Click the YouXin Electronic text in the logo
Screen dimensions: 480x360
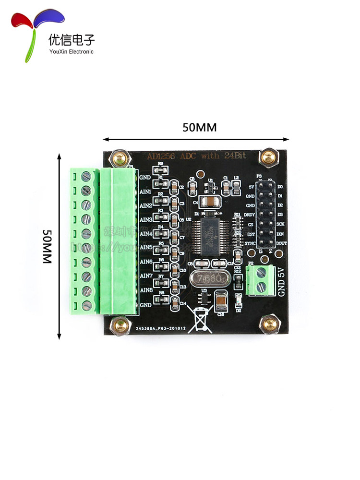pos(71,52)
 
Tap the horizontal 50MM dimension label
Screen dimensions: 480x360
pos(199,128)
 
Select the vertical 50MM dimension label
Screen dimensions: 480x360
pos(46,246)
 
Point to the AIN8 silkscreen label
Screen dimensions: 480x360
pos(145,290)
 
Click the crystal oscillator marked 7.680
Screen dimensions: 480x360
pos(208,278)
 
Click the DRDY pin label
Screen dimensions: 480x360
pos(250,215)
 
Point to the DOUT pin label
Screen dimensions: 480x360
pos(282,244)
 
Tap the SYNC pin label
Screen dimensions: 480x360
pos(250,244)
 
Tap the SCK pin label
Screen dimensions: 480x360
pos(280,224)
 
